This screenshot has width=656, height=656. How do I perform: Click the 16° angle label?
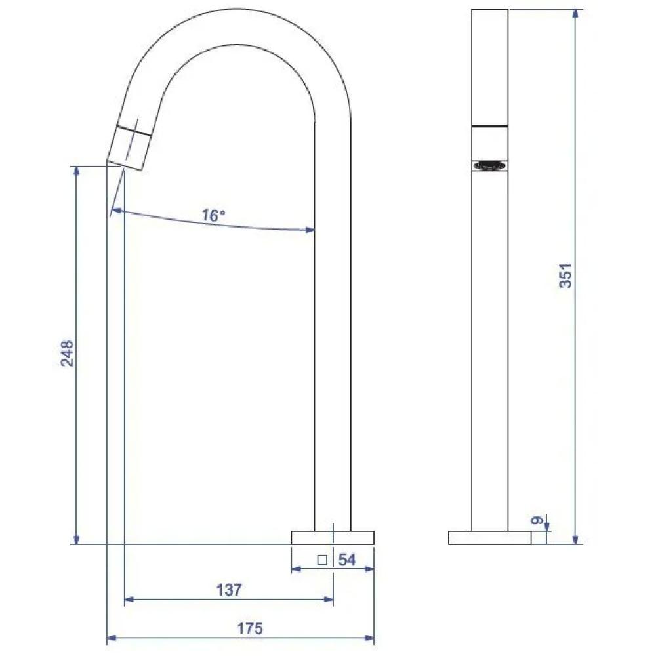[214, 215]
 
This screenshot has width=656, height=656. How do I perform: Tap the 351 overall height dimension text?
[566, 276]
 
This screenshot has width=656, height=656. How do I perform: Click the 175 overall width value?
[249, 628]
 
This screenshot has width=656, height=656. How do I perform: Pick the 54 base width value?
[346, 560]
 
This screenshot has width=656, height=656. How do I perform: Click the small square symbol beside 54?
[321, 560]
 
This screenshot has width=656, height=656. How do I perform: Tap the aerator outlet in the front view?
[489, 165]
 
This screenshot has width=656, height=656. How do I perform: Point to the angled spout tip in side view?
[131, 146]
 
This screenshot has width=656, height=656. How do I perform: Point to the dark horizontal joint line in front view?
[489, 125]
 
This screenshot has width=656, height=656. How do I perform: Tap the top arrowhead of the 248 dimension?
[77, 170]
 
